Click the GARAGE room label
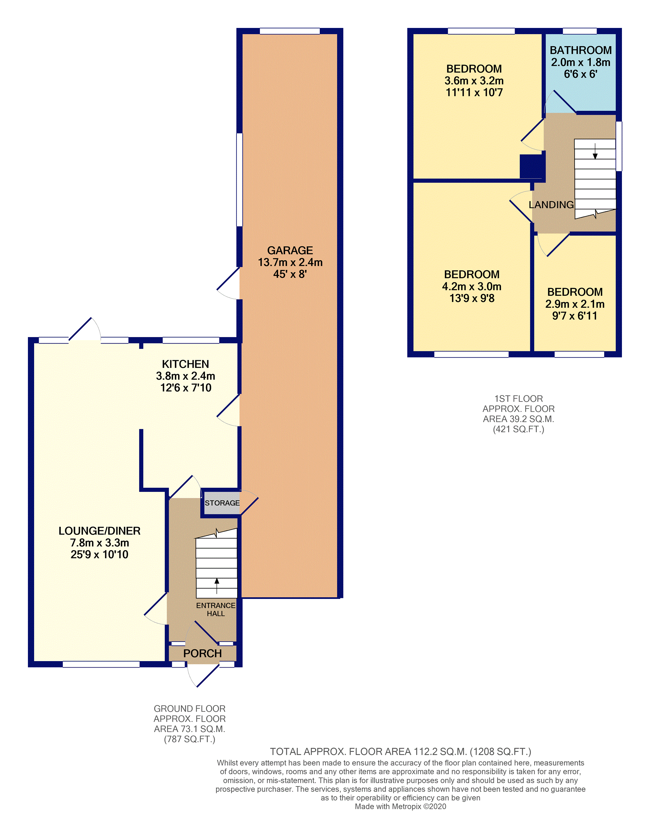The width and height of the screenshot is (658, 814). click(290, 251)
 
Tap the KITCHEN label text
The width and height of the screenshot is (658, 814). click(185, 364)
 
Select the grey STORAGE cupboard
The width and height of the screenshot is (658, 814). click(222, 503)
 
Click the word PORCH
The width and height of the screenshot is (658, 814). click(202, 654)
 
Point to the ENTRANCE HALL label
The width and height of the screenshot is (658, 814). click(216, 609)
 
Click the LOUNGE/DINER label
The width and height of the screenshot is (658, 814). click(99, 531)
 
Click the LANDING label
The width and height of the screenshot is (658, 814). click(551, 205)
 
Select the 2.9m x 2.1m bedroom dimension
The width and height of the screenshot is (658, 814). click(574, 304)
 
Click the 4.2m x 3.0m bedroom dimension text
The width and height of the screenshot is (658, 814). click(471, 287)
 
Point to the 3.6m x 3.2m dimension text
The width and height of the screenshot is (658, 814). click(474, 80)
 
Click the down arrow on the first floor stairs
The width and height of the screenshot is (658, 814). click(595, 151)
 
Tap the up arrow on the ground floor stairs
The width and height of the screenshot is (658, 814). click(217, 586)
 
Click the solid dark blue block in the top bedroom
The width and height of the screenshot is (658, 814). click(532, 166)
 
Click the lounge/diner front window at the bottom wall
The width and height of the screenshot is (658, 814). click(101, 664)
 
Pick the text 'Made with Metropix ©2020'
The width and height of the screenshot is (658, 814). click(400, 807)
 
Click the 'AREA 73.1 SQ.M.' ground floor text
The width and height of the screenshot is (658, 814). click(189, 729)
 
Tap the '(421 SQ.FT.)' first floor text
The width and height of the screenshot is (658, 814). click(519, 429)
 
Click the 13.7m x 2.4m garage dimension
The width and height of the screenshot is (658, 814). click(290, 262)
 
